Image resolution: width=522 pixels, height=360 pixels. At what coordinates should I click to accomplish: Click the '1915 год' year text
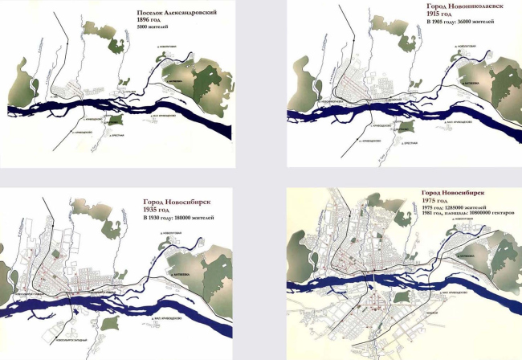(440, 14)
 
